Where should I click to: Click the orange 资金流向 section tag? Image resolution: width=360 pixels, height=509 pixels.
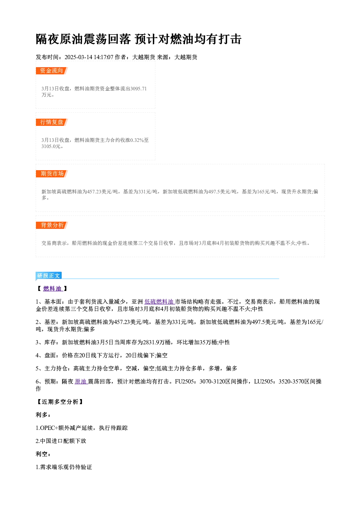(52, 71)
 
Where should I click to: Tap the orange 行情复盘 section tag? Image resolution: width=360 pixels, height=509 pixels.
(52, 122)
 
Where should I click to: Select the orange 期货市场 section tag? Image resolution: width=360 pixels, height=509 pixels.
(52, 174)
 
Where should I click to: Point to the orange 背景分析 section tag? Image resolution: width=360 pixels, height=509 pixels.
(52, 225)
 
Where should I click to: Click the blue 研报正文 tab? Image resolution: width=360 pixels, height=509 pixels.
(49, 276)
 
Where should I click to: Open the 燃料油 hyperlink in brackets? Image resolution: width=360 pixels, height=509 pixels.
(52, 288)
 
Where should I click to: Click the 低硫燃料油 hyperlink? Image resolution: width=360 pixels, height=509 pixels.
(159, 301)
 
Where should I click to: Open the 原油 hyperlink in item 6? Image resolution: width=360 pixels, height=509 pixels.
(81, 382)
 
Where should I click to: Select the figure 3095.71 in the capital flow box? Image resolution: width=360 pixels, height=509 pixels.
(138, 89)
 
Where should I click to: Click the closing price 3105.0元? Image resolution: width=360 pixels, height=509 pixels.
(51, 146)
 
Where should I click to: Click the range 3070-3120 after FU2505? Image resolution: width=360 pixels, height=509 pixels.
(212, 382)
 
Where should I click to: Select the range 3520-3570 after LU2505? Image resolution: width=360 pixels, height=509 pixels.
(291, 382)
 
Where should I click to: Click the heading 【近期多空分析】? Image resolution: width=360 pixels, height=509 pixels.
(60, 402)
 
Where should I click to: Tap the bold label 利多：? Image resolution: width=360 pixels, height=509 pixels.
(43, 415)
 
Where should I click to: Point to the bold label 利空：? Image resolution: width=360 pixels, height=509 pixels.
(43, 454)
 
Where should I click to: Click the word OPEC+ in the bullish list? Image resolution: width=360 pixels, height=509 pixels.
(49, 428)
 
